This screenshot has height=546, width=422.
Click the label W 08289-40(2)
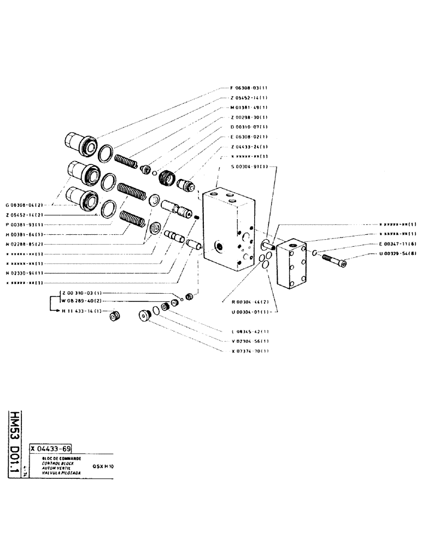pos(82,301)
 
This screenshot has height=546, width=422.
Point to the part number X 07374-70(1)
pos(249,351)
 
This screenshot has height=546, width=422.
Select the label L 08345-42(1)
pos(249,331)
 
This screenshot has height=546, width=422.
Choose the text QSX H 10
pos(104,467)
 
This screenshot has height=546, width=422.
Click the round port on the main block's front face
pos(220,247)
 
